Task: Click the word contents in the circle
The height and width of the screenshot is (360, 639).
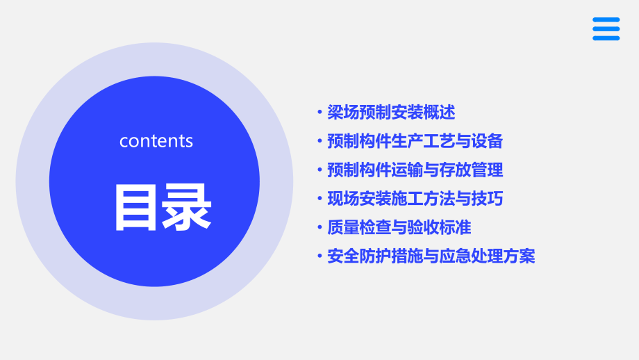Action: click(156, 141)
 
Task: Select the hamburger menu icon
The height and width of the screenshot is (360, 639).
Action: click(606, 29)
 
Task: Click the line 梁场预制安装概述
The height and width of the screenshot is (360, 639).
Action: click(391, 112)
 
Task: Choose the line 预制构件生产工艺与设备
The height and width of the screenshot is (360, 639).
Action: click(415, 141)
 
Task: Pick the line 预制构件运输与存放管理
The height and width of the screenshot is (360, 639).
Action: click(415, 170)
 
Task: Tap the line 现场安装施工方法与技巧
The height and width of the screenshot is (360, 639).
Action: click(415, 199)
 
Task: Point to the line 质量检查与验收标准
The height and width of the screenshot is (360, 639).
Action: click(399, 228)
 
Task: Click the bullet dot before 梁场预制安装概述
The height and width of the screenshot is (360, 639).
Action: click(319, 113)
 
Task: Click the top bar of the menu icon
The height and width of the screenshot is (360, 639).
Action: click(606, 20)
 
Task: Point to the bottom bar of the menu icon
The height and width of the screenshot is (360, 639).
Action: click(606, 38)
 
